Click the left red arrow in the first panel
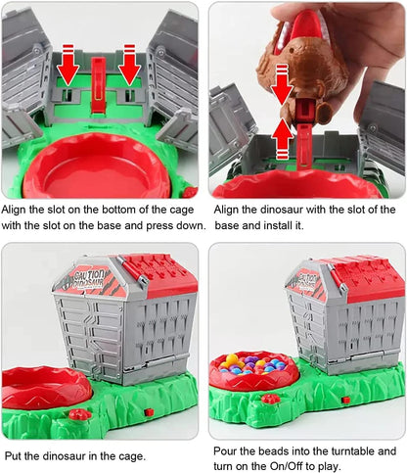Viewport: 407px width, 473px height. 68,67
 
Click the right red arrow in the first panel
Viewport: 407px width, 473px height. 129,66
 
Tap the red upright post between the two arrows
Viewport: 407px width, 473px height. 98,85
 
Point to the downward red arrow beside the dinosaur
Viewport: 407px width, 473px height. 283,85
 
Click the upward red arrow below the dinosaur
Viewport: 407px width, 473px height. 283,138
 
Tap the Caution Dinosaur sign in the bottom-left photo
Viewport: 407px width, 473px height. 88,281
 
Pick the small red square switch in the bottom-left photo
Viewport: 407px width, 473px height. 149,412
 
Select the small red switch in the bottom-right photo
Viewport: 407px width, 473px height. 345,400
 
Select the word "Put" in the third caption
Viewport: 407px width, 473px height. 13,455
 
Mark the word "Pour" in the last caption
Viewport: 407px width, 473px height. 225,451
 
